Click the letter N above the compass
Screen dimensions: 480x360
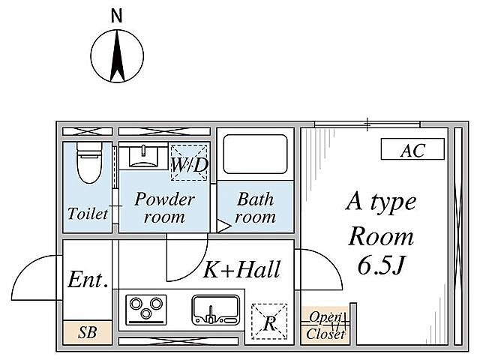click(x=117, y=16)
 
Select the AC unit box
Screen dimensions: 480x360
click(x=412, y=149)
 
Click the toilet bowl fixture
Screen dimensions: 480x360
click(x=88, y=163)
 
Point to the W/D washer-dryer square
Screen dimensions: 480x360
click(x=189, y=163)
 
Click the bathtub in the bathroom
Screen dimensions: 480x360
click(x=255, y=154)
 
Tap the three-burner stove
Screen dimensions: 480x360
click(x=146, y=309)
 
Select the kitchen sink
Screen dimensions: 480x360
click(x=216, y=310)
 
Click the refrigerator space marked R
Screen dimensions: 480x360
click(x=269, y=322)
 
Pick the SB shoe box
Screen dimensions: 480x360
click(x=87, y=332)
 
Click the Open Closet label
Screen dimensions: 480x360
click(x=325, y=325)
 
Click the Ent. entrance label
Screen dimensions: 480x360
click(x=88, y=279)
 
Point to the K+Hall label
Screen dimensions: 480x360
click(x=241, y=269)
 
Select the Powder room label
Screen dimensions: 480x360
click(x=164, y=208)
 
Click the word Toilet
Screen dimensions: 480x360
click(x=88, y=213)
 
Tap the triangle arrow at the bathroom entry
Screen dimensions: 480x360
click(x=223, y=226)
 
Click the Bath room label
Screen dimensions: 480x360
click(x=255, y=208)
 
